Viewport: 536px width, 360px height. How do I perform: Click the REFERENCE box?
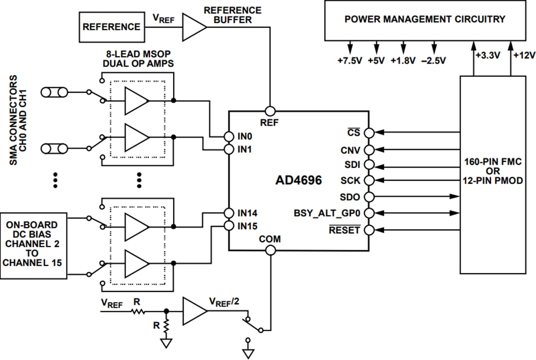111,27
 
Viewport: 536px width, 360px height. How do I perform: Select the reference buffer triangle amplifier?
195,26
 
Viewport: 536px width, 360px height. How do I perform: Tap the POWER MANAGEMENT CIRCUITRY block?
424,20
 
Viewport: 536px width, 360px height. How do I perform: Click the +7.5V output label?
350,61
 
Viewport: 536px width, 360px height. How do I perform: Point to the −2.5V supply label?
434,61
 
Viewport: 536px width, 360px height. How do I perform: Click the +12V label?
524,56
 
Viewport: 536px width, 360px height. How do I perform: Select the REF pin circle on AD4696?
270,111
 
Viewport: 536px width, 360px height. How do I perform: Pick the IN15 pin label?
247,226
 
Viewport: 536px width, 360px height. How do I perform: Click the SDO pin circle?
369,197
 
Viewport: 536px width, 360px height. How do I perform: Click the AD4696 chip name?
298,180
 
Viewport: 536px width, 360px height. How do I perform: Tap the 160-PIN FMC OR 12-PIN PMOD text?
492,171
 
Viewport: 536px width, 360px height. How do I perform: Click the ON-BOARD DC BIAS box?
34,243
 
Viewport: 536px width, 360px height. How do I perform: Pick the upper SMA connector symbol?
54,92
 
